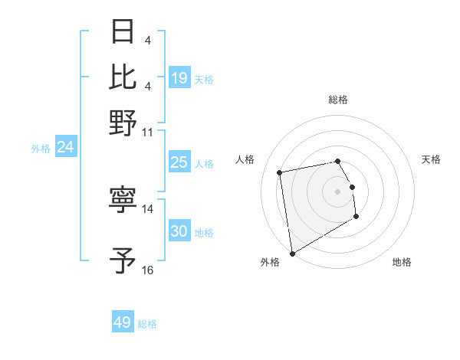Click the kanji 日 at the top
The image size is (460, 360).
(x=123, y=32)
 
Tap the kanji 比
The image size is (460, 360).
(x=123, y=77)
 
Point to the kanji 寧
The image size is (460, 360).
(x=123, y=201)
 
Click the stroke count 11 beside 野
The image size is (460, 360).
(x=148, y=132)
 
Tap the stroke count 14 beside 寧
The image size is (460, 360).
(x=148, y=208)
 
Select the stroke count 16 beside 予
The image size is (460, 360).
(x=148, y=270)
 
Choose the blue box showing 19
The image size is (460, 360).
(x=179, y=77)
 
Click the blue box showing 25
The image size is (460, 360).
(x=179, y=162)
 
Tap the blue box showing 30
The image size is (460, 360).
(x=179, y=231)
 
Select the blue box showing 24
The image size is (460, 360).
(x=65, y=147)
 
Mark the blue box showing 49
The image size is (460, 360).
(x=123, y=322)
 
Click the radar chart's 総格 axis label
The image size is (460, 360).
(x=338, y=100)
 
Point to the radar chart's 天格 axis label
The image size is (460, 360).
(x=432, y=159)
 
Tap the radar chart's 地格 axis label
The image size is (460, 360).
(x=402, y=262)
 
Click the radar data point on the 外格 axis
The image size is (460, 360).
(x=292, y=254)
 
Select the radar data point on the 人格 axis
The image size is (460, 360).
(x=280, y=172)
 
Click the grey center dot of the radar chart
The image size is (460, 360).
(x=338, y=191)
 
